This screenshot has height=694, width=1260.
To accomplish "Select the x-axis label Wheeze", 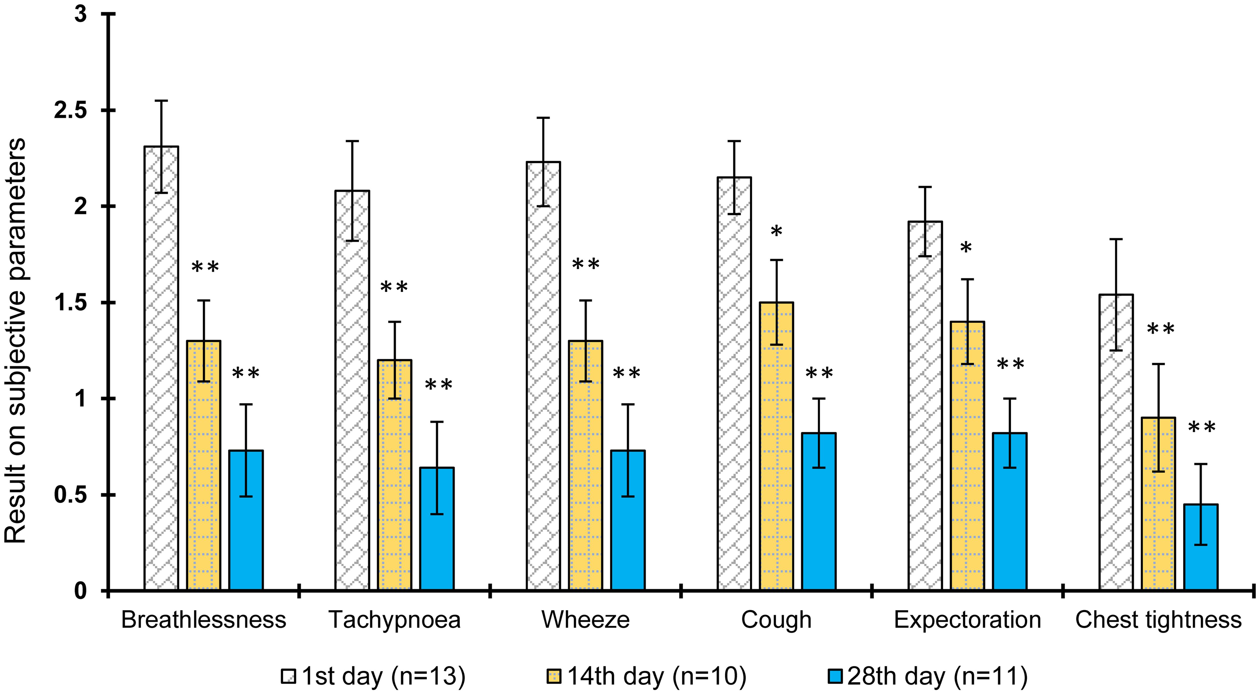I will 585,620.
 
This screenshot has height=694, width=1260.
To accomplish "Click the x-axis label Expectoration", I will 967,620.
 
